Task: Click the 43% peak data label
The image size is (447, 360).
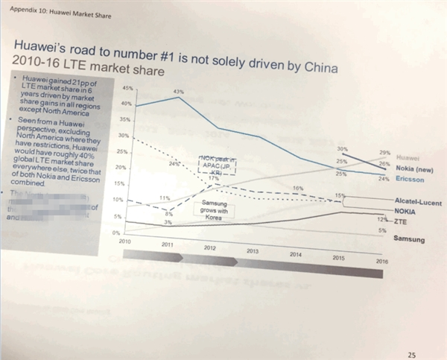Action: click(178, 92)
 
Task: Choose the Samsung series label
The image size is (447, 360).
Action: click(408, 239)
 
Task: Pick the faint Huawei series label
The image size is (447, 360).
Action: click(408, 158)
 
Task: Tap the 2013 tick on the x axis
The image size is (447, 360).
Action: click(252, 250)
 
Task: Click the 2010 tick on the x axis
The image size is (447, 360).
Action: click(124, 242)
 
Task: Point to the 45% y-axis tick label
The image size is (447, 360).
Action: click(125, 88)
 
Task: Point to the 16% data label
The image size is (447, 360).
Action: click(298, 188)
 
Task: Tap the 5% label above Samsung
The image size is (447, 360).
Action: click(381, 231)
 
